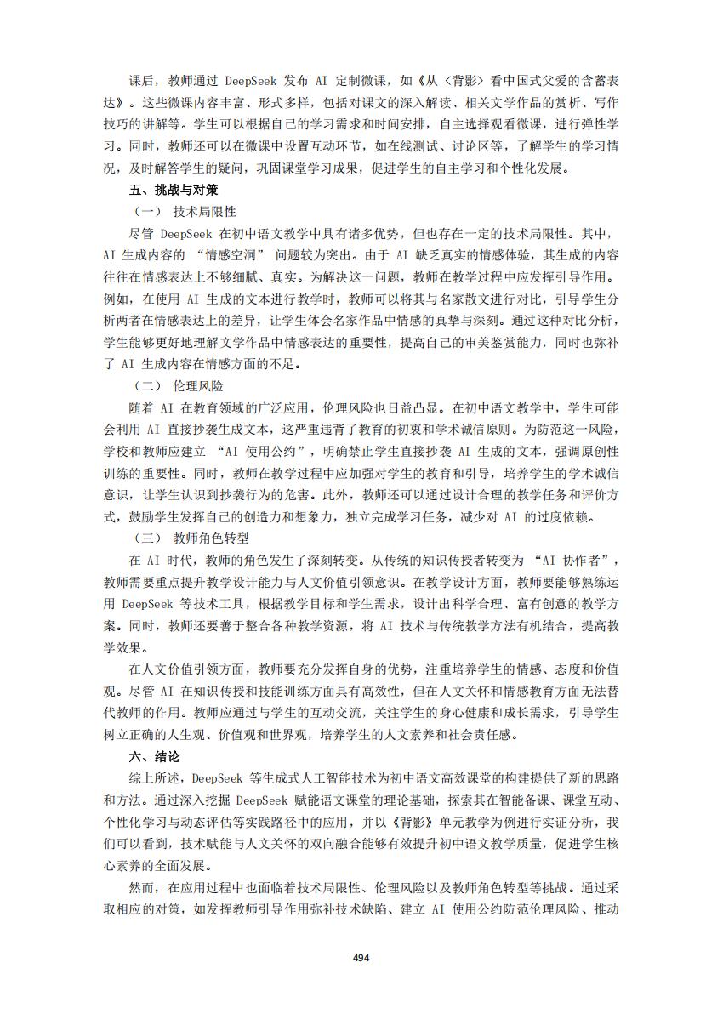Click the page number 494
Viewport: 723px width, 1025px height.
pos(361,957)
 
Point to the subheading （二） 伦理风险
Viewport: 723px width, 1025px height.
pos(179,385)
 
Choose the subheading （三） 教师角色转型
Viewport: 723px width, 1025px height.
pos(191,538)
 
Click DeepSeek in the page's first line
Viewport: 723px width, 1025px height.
pos(259,80)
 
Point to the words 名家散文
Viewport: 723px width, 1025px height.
pos(479,299)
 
